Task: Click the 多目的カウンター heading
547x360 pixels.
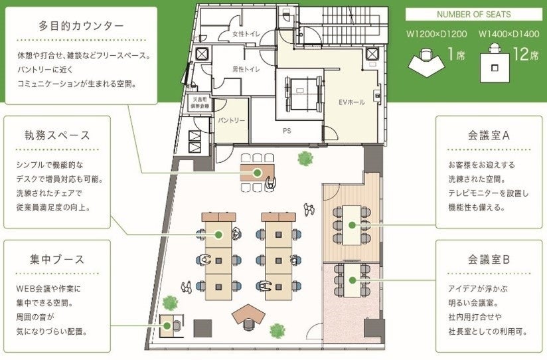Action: tap(80, 27)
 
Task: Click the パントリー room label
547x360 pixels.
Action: tap(232, 120)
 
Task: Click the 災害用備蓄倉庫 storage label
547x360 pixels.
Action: tap(196, 102)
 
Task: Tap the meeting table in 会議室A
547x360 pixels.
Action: tap(349, 225)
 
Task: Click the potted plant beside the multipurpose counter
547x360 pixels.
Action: tap(305, 158)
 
